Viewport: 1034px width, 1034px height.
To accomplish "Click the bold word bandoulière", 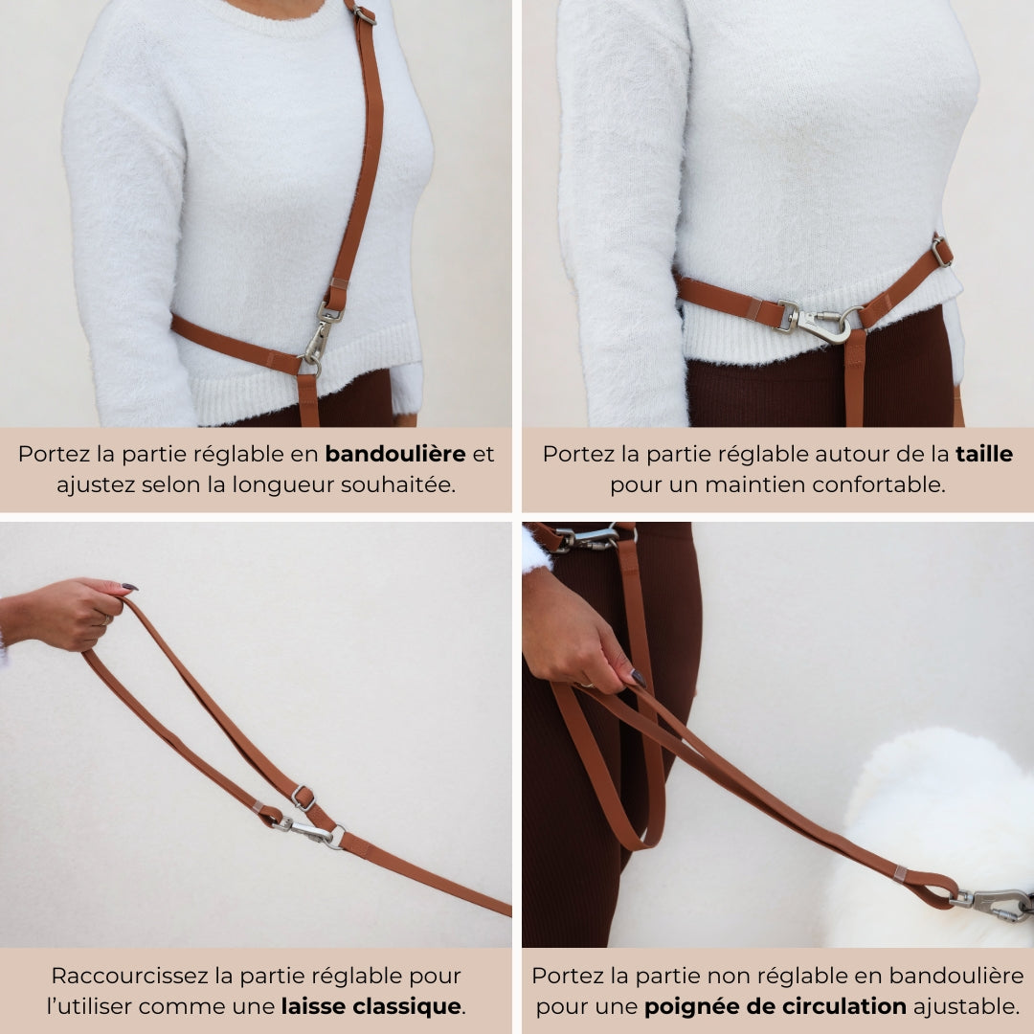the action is [395, 454].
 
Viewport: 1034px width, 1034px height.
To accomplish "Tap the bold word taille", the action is [984, 454].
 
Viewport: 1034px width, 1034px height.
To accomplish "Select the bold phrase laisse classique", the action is [371, 1006].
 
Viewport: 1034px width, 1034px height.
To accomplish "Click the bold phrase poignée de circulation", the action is [775, 1007].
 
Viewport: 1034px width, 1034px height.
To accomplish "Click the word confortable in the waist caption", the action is [878, 484].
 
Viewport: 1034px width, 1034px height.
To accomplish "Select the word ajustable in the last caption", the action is [967, 1007].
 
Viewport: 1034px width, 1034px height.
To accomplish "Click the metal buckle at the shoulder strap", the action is [365, 13].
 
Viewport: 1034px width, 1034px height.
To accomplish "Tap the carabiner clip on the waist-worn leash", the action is [821, 323].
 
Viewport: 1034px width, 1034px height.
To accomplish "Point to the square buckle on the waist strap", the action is [942, 251].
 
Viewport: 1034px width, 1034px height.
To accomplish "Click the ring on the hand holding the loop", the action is [105, 619].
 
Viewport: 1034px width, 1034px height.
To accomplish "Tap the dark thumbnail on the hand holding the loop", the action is [130, 586].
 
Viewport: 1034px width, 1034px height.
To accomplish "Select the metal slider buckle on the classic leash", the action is [303, 798].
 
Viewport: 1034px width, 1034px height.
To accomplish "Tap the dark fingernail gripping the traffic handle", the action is [638, 677].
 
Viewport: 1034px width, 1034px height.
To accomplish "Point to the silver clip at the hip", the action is [590, 537].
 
